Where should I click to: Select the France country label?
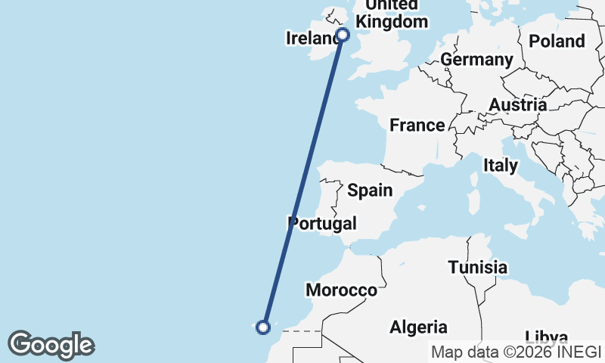coord(417,125)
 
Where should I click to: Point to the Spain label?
coord(370,190)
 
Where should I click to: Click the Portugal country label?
coord(321,223)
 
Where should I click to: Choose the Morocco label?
coord(341,290)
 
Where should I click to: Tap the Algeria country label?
coord(418,327)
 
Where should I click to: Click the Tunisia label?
coord(477,267)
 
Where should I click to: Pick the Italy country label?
coord(500,165)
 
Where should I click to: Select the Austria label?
coord(517,104)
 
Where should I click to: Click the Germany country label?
coord(476,59)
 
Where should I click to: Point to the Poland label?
coord(557,41)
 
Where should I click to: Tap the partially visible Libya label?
coord(547,337)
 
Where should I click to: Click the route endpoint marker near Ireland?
coord(343,34)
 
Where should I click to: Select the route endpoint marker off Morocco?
coord(263,327)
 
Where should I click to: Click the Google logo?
coord(51,345)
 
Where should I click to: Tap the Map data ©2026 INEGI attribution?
coord(516,352)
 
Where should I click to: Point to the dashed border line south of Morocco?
coord(306,331)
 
